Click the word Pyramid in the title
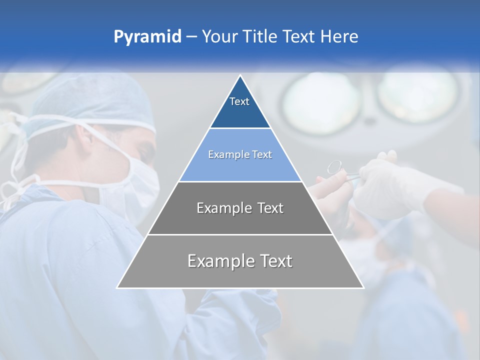(x=147, y=37)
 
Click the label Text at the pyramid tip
(x=239, y=101)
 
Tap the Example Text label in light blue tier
(x=240, y=155)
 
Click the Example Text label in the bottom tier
(x=240, y=261)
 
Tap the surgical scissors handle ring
(x=334, y=166)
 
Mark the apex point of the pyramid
(x=240, y=75)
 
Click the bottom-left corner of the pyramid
(x=117, y=287)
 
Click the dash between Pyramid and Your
(x=191, y=37)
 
